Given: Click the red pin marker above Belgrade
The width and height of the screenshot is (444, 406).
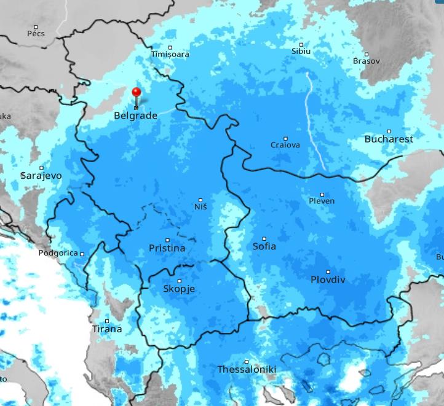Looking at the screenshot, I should (x=137, y=93).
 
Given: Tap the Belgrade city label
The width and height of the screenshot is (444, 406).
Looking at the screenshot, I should (x=135, y=115).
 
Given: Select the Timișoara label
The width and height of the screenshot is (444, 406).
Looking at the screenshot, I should (x=170, y=55).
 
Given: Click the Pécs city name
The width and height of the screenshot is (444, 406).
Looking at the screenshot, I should (x=36, y=34).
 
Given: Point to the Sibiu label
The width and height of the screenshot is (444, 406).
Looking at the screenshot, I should (x=301, y=52).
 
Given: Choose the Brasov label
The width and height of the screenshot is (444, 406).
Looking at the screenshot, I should (x=367, y=61).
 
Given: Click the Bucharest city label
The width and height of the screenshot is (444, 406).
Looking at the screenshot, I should (x=389, y=139).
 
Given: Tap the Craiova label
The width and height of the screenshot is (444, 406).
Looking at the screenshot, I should (x=285, y=146).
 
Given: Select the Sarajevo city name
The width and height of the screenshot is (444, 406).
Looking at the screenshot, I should (x=41, y=176).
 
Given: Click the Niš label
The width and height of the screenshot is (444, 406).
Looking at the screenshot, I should (x=200, y=207).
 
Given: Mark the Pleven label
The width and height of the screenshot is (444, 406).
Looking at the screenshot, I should (x=322, y=201).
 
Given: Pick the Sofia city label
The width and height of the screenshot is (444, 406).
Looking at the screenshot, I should (x=264, y=247).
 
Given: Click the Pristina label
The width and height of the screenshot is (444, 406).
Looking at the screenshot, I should (x=167, y=249).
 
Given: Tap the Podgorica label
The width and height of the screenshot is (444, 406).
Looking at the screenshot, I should (x=58, y=253).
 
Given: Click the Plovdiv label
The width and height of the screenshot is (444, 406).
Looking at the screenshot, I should (x=328, y=280).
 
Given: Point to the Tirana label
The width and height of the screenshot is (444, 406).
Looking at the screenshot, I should (x=107, y=329).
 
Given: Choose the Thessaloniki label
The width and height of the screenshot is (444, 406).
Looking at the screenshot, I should (x=247, y=370).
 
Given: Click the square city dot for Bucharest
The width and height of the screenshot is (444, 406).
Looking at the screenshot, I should (x=389, y=131).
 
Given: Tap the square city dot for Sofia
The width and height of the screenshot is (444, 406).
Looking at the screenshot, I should (x=265, y=239).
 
